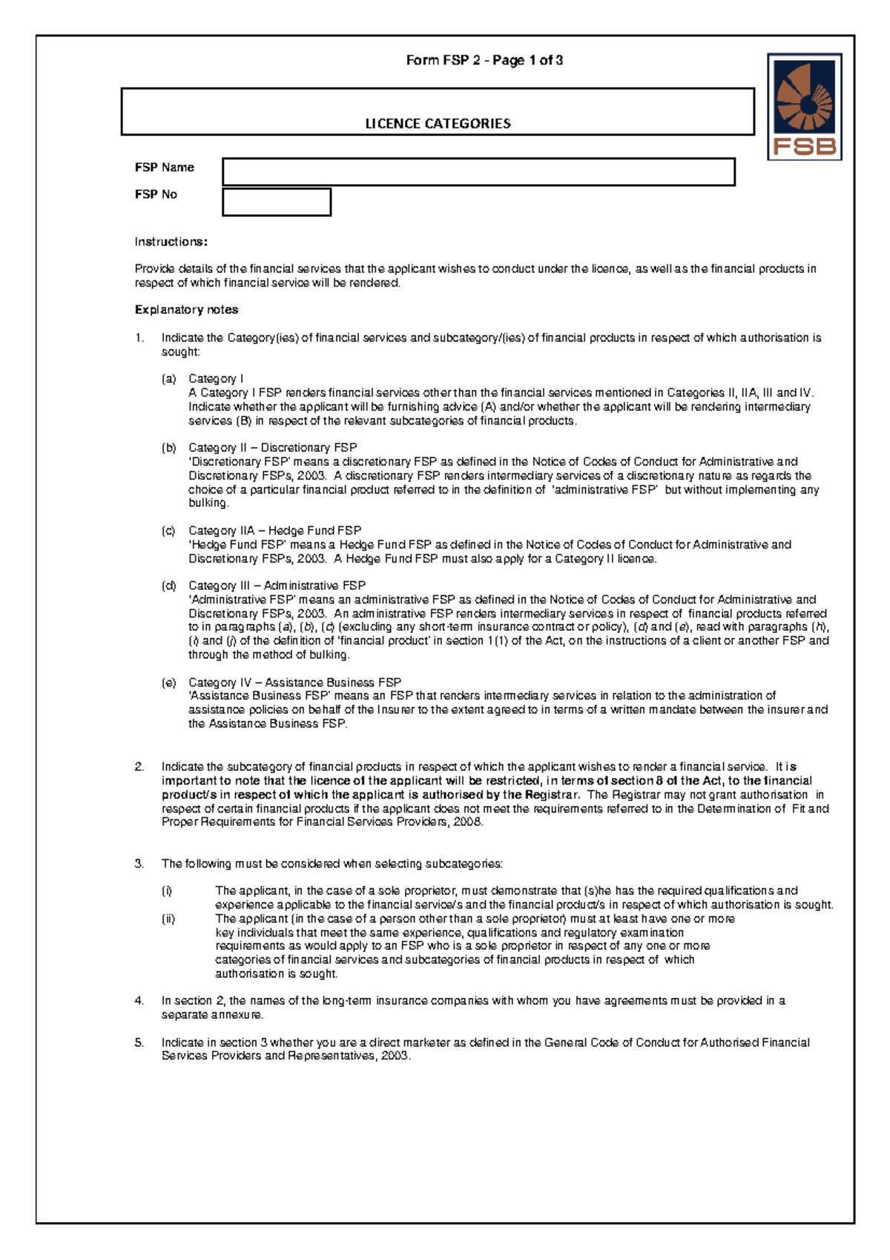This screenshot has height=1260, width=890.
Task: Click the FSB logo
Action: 804,107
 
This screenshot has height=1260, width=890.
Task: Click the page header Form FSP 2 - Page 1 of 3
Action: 484,61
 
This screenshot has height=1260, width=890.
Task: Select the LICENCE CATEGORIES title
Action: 438,124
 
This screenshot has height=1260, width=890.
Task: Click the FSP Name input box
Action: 478,172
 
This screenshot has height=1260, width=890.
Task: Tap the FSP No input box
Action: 277,202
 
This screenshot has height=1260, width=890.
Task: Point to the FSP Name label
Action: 165,168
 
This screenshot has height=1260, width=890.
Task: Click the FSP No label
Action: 156,194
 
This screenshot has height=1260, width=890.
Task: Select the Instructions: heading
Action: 171,242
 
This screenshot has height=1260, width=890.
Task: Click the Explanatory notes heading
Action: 186,310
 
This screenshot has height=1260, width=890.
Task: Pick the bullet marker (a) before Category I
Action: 169,379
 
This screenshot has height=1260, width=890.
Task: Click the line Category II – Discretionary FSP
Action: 272,448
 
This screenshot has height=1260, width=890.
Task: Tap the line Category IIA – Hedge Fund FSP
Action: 274,531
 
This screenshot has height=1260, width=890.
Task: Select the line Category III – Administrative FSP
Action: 277,586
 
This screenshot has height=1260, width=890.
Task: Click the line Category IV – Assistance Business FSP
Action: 294,683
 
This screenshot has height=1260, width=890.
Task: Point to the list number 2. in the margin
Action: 139,767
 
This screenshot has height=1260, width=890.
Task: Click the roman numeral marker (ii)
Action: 168,919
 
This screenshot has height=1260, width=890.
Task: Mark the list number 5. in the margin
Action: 139,1043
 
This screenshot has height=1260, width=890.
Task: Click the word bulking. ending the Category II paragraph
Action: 208,503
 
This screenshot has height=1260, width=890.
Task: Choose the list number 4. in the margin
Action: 139,1001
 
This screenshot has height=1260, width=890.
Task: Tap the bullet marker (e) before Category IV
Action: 169,683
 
